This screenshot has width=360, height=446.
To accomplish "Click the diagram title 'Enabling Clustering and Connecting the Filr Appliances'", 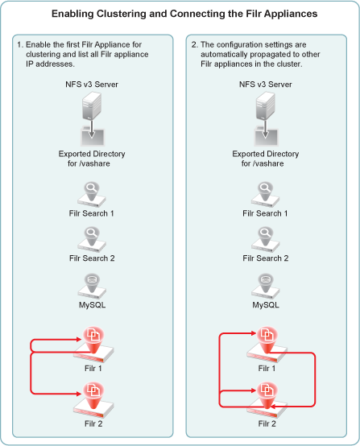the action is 184,14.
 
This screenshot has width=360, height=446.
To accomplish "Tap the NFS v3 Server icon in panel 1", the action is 92,106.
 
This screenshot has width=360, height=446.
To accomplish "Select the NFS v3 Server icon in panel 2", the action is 265,106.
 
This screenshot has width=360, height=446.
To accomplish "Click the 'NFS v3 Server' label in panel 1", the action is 92,85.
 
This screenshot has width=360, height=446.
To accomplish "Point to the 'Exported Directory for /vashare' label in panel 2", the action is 266,159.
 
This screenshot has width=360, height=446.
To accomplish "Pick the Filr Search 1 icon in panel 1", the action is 92,195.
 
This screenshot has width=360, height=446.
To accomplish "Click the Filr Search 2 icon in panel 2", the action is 265,239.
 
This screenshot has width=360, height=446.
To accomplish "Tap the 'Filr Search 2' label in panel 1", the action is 92,258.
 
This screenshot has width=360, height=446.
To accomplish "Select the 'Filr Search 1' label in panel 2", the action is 265,213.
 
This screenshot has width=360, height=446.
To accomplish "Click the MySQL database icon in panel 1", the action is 92,286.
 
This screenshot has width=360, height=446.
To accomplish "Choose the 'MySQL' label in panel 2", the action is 266,305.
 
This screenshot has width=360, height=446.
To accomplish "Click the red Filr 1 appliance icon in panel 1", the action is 93,345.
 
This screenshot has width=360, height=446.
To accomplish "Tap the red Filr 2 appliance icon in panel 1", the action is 93,400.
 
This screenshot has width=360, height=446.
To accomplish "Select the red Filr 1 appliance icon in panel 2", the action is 267,345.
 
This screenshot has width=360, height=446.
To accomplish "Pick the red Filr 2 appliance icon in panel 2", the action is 267,400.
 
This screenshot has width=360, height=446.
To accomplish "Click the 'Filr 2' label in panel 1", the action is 93,423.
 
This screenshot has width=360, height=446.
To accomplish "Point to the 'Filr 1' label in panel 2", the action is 267,369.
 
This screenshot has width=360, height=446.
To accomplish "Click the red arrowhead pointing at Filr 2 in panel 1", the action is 79,394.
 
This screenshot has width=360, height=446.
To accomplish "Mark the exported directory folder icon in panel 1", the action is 93,137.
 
